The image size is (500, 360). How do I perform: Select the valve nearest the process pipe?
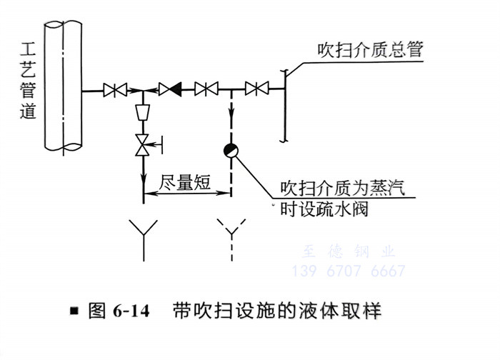115,90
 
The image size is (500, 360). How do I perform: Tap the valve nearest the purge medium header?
256,89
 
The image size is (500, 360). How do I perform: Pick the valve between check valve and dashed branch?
207,90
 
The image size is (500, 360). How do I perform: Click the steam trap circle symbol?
231,150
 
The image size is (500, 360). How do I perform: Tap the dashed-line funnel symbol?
231,233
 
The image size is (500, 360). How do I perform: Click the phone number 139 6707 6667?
349,271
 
